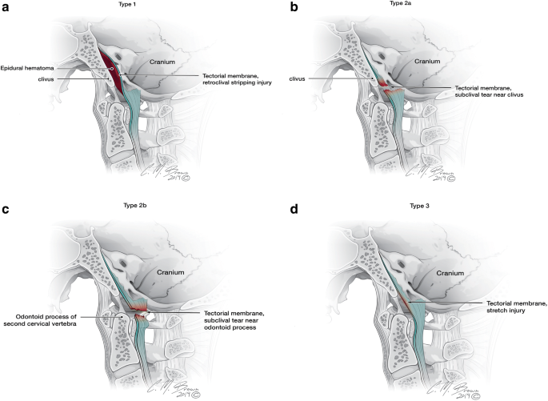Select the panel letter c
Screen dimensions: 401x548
[6, 211]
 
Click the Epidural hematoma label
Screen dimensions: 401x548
[28, 69]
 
